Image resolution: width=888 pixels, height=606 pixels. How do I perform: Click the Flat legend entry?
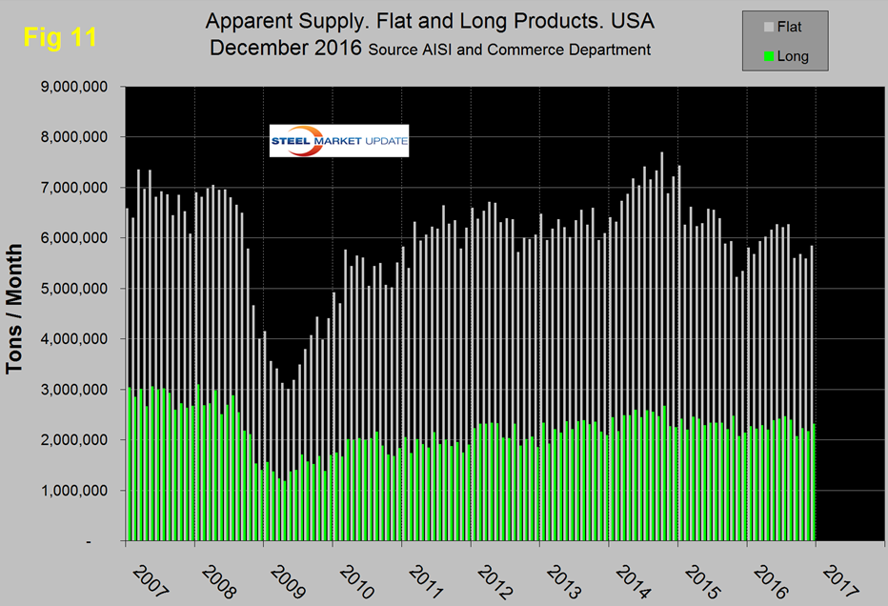[x=789, y=28]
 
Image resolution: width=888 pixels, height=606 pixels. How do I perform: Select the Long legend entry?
[x=793, y=56]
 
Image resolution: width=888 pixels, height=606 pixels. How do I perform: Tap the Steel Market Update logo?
[x=338, y=140]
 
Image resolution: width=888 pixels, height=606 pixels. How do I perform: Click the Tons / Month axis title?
[x=17, y=314]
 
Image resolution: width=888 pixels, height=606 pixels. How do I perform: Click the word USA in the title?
[x=631, y=20]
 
